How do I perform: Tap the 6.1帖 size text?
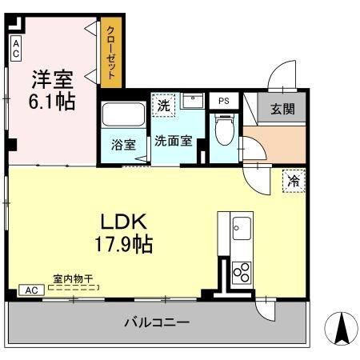click(52, 102)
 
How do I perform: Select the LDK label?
click(122, 220)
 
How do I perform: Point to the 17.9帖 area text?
click(122, 241)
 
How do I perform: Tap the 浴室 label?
click(122, 144)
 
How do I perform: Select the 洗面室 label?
click(173, 141)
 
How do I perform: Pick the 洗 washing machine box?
click(163, 105)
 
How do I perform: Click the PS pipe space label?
click(222, 102)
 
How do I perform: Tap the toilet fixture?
click(224, 130)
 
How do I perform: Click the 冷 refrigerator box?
click(294, 181)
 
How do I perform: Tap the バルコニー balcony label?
click(156, 323)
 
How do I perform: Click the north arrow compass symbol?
click(339, 327)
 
